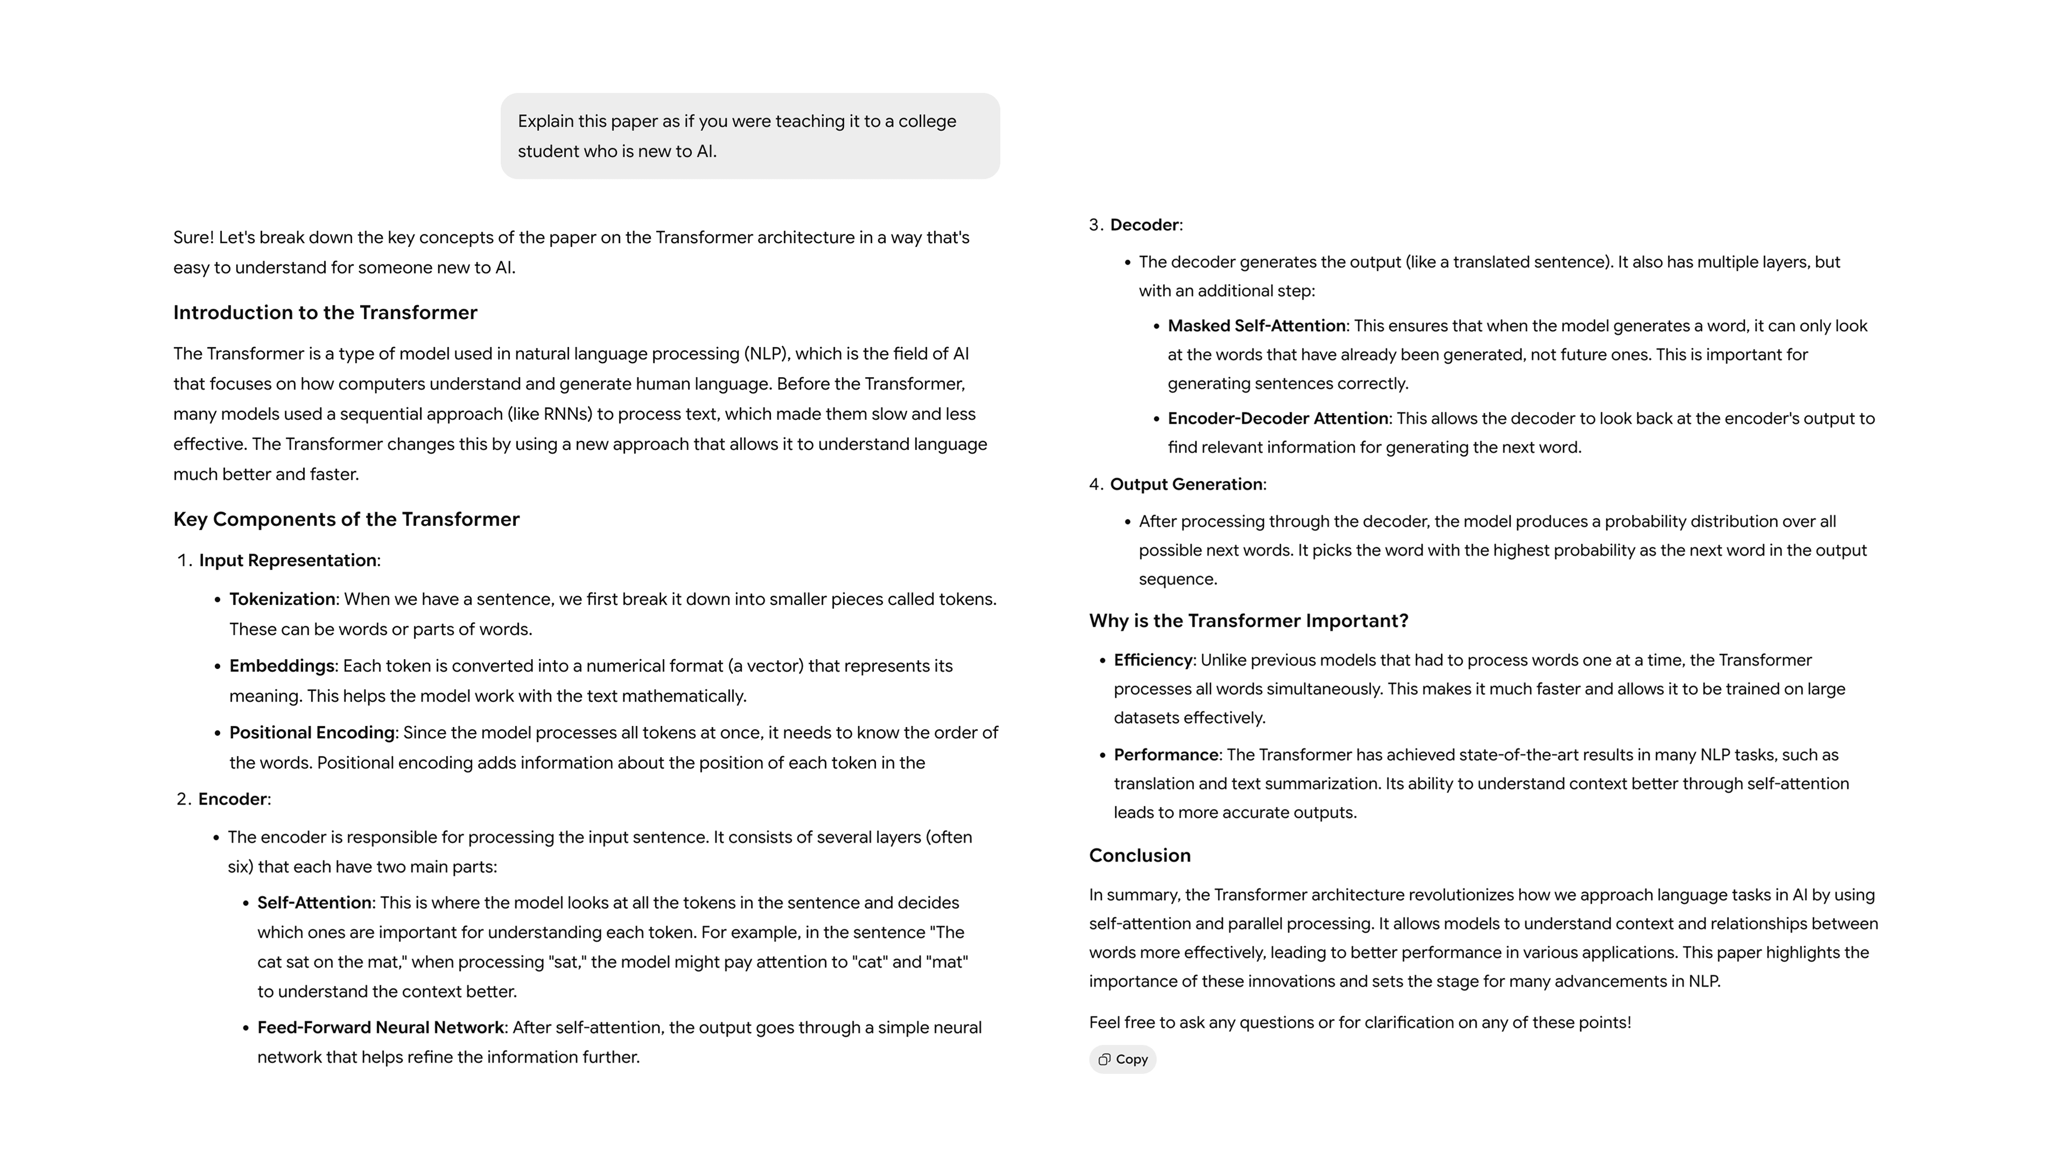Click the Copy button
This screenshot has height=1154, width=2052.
coord(1122,1059)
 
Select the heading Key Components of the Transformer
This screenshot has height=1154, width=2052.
coord(346,519)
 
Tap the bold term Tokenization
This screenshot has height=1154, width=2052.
coord(282,599)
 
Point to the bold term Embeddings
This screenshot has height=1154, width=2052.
coord(281,666)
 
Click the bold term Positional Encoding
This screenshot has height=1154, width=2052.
coord(312,732)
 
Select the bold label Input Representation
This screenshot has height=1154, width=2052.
coord(287,560)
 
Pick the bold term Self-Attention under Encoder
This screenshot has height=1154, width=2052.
coord(314,903)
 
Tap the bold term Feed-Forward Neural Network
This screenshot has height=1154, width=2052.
coord(380,1028)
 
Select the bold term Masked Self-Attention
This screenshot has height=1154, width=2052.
coord(1256,326)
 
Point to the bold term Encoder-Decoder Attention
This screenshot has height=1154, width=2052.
coord(1278,419)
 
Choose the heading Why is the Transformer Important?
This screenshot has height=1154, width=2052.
coord(1248,621)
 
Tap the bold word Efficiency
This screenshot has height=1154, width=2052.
coord(1153,660)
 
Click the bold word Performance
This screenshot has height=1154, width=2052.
coord(1165,755)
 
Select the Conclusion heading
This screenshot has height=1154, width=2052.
coord(1139,855)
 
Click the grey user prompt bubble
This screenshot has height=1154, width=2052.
coord(750,136)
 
